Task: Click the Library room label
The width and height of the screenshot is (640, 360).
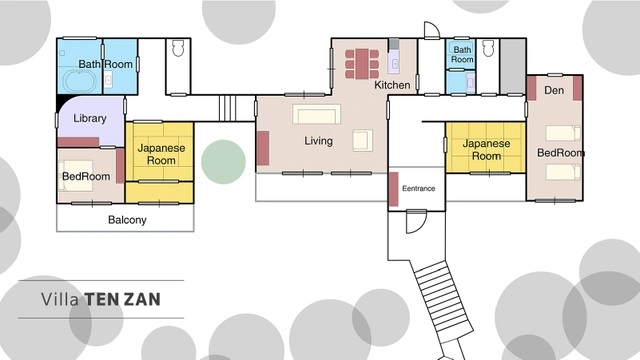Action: coord(90,118)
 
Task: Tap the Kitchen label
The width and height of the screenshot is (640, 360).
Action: coord(392,85)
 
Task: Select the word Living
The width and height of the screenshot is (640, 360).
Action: coord(318,141)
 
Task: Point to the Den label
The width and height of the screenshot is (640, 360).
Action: coord(554,90)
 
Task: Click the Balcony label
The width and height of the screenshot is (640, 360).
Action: coord(127,220)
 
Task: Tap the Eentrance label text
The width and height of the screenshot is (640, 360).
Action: coord(418,188)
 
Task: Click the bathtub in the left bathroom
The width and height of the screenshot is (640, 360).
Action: coord(80,82)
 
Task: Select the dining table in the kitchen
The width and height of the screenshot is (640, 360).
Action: coord(362,64)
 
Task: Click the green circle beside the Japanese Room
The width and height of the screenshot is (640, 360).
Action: coord(223,162)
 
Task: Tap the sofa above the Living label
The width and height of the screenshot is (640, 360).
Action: coord(316,114)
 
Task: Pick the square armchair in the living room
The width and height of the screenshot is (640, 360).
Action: coord(362,140)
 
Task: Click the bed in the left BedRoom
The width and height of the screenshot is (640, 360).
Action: coord(76,176)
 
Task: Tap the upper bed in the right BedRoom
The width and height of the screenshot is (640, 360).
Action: coord(563,133)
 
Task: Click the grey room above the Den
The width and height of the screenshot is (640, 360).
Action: coord(513,67)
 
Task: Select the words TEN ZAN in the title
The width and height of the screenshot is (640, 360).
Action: coord(123,300)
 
